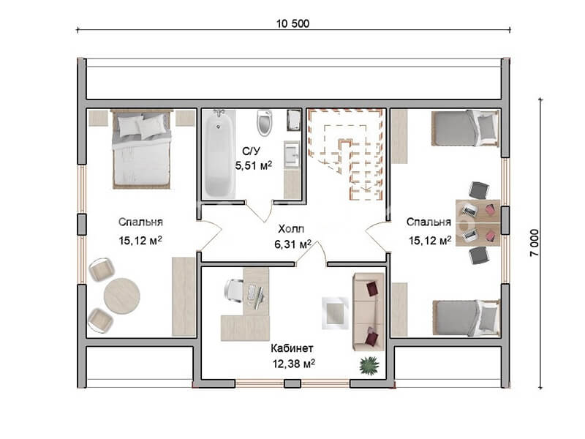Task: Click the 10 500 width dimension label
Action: tap(293, 23)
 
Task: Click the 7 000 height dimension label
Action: tap(535, 243)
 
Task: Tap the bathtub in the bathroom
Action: tap(220, 153)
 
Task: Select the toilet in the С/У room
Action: tap(265, 122)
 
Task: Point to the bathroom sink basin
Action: tap(291, 154)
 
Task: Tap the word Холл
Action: tap(291, 228)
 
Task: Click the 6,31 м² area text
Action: tap(293, 244)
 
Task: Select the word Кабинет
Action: tap(292, 348)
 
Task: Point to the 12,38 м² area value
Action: tap(294, 364)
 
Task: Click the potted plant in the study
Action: tap(369, 364)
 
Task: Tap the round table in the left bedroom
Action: tap(122, 296)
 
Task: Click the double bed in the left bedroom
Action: tap(142, 149)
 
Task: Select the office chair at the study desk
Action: tap(234, 290)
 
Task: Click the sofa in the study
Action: tap(369, 312)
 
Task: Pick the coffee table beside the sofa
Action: tap(335, 313)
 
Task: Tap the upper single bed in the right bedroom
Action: tap(465, 128)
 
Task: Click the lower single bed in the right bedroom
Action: tap(467, 318)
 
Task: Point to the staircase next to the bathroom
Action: tap(345, 154)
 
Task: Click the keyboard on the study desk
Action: tap(251, 293)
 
